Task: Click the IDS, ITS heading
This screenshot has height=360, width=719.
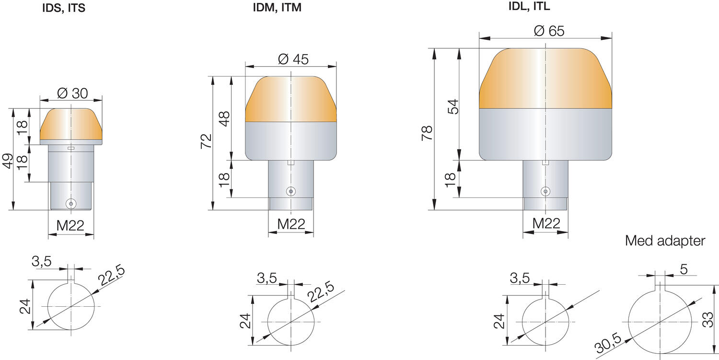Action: pos(64,8)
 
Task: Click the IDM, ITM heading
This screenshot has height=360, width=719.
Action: pos(278,8)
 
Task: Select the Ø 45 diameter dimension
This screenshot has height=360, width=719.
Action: pos(293,59)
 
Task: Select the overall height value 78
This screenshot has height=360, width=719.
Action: pos(427,133)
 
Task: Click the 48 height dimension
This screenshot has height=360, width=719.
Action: pos(224,118)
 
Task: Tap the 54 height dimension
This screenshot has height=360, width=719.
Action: pos(453,106)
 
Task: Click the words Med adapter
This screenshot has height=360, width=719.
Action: pos(665,241)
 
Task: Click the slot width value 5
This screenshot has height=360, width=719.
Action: pos(683,269)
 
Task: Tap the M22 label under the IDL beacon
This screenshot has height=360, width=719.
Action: pos(546,223)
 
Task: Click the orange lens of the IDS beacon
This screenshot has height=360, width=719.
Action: pos(71,123)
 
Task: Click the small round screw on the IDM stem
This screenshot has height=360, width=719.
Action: pos(290,191)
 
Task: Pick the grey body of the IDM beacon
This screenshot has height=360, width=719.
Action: pos(290,140)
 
